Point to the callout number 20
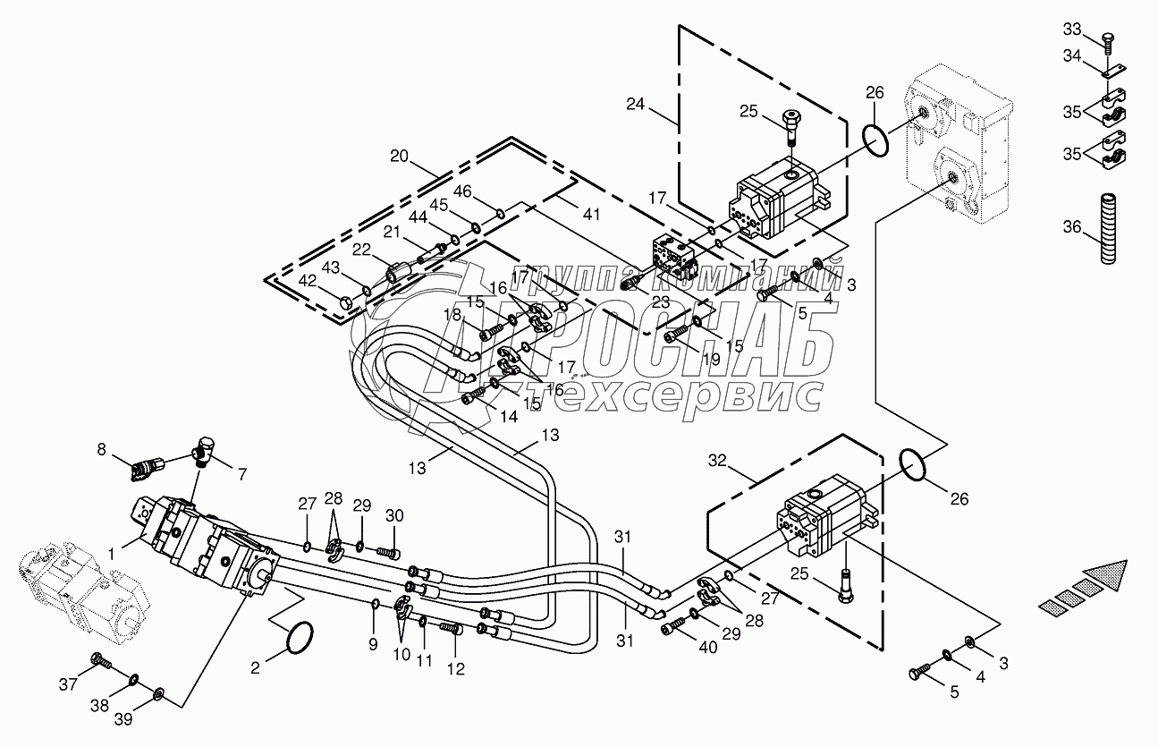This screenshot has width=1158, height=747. (398, 156)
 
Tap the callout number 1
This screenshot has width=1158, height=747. (112, 554)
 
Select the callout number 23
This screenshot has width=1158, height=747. (661, 302)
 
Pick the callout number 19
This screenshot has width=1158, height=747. (711, 359)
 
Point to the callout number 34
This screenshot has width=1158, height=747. (1072, 56)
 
